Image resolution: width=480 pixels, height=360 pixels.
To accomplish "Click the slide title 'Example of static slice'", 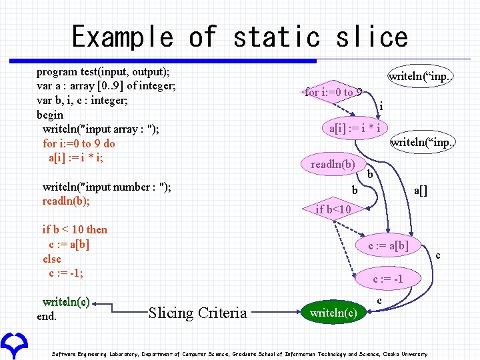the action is click(x=239, y=37).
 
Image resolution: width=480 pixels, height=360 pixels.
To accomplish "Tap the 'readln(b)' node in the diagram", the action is click(x=333, y=164).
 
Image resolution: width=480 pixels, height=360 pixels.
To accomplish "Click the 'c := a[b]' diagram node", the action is click(x=389, y=245).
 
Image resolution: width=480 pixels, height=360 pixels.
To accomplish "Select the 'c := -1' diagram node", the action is click(x=387, y=279).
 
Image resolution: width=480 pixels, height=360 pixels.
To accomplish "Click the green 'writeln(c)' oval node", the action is click(x=333, y=313).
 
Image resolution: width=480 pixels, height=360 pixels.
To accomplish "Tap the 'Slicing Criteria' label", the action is click(x=197, y=313).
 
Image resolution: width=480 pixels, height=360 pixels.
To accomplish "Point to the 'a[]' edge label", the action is click(x=421, y=191).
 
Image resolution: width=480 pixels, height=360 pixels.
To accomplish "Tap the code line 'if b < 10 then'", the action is click(x=75, y=229).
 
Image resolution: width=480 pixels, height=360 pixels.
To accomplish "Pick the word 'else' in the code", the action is click(x=51, y=259).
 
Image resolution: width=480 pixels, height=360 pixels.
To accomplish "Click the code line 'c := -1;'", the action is click(x=66, y=273).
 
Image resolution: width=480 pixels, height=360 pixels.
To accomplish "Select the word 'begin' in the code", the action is click(x=50, y=115).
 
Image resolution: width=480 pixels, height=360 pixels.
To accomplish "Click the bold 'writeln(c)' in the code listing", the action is click(x=66, y=301).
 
